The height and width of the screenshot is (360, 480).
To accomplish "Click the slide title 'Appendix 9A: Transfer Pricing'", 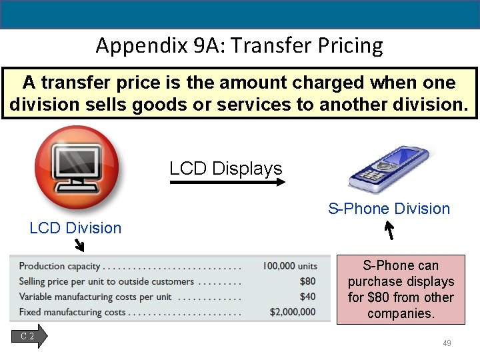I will [239, 46].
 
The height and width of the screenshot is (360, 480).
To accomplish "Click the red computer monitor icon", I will [77, 167].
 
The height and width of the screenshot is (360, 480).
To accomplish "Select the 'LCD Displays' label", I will [226, 169].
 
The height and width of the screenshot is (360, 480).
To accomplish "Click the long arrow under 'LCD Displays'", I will [227, 181].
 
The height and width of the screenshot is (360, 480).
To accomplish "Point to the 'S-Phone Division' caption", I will [389, 209].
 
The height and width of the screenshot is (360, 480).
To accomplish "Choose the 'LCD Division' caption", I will [75, 228].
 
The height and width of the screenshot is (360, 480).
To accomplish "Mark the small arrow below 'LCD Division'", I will [79, 246].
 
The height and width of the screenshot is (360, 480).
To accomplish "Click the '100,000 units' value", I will [289, 266].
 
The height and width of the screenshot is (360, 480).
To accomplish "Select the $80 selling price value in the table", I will [307, 281].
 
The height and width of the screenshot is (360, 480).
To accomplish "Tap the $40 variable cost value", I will [307, 297].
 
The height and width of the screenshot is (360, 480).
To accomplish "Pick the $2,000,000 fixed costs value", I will [293, 312].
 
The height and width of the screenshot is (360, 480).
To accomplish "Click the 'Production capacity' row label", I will [59, 266].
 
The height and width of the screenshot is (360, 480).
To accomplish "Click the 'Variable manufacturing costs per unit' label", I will [95, 297].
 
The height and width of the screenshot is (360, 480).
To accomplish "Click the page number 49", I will [447, 343].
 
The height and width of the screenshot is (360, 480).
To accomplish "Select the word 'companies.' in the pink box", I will [401, 313].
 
